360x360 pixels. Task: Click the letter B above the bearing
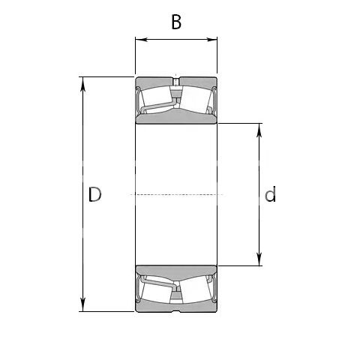(x=176, y=22)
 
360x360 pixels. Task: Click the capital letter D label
(x=95, y=194)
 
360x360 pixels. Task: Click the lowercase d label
(x=270, y=194)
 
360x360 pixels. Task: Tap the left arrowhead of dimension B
(x=142, y=40)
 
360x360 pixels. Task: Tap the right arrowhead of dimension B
(x=211, y=40)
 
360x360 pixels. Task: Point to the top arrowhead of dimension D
(x=83, y=83)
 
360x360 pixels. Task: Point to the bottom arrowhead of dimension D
(x=83, y=305)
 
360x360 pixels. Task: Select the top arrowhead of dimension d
(x=259, y=130)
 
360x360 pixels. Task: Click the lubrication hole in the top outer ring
(x=176, y=82)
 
